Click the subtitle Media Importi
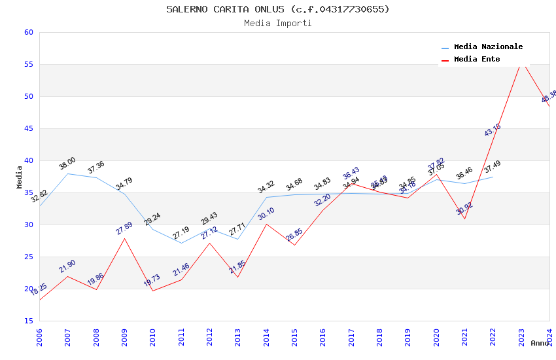pos(277,23)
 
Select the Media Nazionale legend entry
pos(488,46)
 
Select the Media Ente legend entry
pos(477,59)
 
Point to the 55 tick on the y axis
pos(28,64)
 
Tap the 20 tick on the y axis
pos(28,289)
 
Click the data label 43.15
pos(493,130)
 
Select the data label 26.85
pos(294,235)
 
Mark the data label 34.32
pos(266,187)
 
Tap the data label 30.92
pos(464,208)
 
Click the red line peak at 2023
pos(521,63)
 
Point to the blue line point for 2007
pos(68,173)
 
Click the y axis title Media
pos(20,177)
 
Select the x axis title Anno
pos(540,343)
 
